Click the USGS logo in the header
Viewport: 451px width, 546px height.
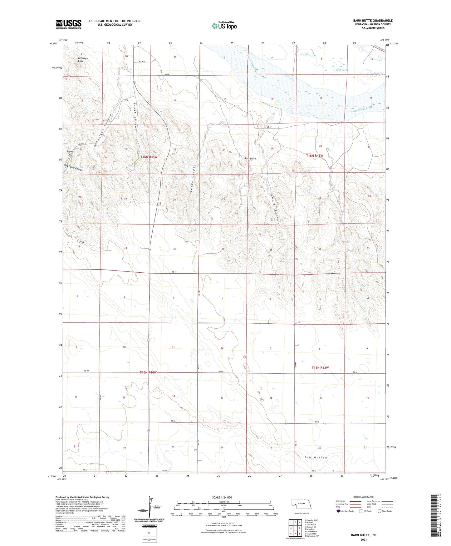tap(69, 24)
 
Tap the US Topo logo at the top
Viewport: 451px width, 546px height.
tap(224, 26)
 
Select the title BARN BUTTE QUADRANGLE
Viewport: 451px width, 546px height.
tap(373, 21)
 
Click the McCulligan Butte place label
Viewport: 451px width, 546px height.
tap(83, 59)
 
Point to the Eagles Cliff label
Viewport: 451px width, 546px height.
tap(70, 153)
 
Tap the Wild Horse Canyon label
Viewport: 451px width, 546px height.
tap(73, 167)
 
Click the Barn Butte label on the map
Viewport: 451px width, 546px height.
tap(250, 159)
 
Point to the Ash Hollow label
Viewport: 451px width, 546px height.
tap(316, 458)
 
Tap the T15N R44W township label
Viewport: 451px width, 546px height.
tap(148, 372)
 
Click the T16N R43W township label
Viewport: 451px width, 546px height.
tap(314, 155)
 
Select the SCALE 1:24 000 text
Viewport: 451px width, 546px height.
tap(222, 498)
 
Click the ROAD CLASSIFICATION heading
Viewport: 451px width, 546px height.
tap(364, 497)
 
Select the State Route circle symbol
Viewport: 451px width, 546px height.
tap(379, 511)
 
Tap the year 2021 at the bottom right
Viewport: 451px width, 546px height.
tap(364, 539)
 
